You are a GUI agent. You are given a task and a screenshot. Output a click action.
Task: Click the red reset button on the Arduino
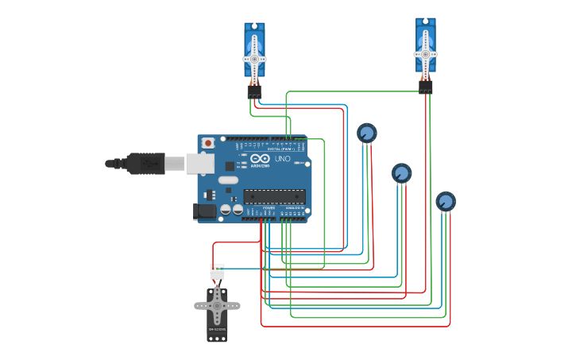[x=208, y=143]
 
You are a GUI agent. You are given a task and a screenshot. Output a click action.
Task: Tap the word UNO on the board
[x=282, y=159]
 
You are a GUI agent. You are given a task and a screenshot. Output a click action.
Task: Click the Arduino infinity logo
[x=260, y=159]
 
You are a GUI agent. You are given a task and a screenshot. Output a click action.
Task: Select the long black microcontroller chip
[x=274, y=195]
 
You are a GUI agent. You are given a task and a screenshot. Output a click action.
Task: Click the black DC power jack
[x=204, y=211]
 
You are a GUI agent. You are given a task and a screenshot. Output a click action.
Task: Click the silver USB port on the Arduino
[x=199, y=164]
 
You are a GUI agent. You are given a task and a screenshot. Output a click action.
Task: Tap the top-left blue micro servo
[x=254, y=50]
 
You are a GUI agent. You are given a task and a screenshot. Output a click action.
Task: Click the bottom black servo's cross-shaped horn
[x=217, y=305]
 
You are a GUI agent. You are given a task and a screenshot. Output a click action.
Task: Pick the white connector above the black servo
[x=217, y=272]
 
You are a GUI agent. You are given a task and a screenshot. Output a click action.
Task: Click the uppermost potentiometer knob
[x=366, y=132]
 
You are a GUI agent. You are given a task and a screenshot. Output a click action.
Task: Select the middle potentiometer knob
[x=401, y=172]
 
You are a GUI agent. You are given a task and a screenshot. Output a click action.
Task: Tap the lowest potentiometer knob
[x=446, y=201]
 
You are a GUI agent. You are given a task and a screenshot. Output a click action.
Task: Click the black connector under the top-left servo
[x=254, y=91]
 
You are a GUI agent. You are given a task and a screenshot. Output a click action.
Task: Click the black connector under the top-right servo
[x=426, y=87]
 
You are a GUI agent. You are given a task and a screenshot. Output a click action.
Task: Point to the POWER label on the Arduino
[x=269, y=207]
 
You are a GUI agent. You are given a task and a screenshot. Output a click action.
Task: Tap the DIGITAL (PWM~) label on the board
[x=280, y=149]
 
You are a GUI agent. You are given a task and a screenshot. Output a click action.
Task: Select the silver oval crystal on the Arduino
[x=228, y=180]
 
